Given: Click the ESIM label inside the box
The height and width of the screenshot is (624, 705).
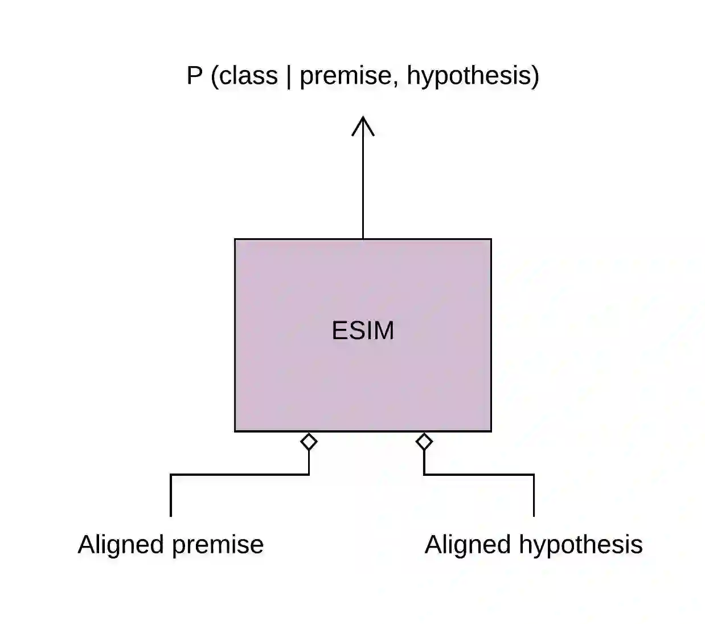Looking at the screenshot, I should coord(363,331).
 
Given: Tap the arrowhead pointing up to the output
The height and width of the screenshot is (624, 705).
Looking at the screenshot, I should coord(363,125).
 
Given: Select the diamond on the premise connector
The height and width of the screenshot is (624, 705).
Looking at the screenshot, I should coord(309,441).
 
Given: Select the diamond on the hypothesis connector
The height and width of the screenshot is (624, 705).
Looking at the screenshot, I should coord(424,441).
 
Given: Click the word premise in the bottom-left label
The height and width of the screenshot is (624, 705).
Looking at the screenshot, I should coord(217,545).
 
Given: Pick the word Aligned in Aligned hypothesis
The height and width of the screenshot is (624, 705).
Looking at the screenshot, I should coord(468,545).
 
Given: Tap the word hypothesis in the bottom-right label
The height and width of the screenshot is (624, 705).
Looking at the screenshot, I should coord(580,545).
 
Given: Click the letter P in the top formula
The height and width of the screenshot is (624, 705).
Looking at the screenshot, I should coord(194,76).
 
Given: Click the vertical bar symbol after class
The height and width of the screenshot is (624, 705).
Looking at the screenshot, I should coord(289,76).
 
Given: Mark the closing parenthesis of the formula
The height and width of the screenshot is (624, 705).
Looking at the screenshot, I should coord(534,76).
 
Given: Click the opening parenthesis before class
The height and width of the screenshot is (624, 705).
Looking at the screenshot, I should coord(215,76).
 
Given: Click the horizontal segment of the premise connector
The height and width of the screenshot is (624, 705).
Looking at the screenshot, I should coord(239,474).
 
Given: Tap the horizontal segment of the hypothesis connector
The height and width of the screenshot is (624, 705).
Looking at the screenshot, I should coord(479,474).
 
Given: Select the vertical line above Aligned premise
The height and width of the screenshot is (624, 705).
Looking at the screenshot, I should coord(171,496).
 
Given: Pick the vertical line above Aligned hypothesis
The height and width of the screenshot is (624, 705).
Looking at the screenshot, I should coord(534,496).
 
